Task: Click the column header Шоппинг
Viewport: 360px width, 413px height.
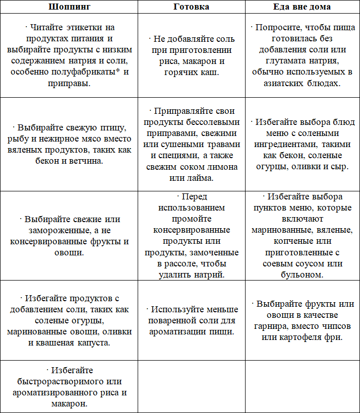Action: point(69,7)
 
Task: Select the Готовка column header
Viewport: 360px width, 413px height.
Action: point(191,7)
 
